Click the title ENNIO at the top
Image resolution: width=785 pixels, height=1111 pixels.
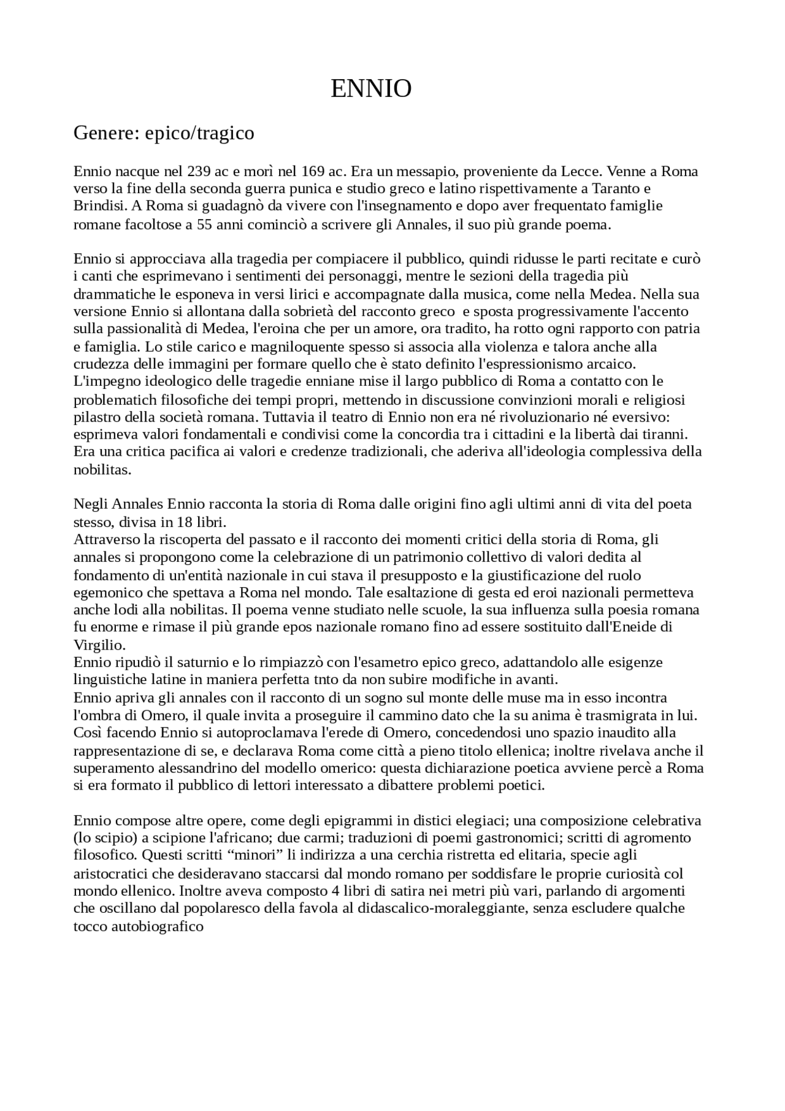pyautogui.click(x=371, y=90)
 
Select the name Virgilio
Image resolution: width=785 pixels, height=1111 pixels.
pyautogui.click(x=99, y=645)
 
